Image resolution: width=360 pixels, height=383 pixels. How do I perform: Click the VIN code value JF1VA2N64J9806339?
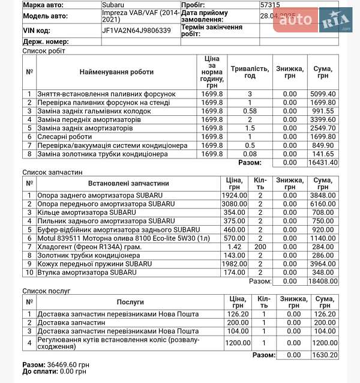(x=136, y=30)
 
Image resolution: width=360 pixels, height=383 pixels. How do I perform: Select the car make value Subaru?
(x=114, y=5)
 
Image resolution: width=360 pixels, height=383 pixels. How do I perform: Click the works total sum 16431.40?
(x=323, y=162)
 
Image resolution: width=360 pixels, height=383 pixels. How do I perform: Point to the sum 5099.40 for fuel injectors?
(x=323, y=94)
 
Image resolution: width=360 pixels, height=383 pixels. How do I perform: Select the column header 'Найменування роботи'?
(x=116, y=72)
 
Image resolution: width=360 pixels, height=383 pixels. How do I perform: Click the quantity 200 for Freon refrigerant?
(x=260, y=246)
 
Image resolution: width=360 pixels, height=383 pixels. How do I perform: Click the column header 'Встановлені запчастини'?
(x=128, y=183)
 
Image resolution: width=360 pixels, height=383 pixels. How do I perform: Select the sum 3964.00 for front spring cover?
(x=323, y=264)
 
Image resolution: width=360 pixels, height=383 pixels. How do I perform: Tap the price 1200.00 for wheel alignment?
(x=237, y=343)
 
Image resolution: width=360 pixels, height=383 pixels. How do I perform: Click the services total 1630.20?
(x=323, y=355)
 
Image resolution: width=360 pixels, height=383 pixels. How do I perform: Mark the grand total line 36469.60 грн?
(x=56, y=364)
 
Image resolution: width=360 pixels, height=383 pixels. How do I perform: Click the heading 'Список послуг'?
(x=46, y=291)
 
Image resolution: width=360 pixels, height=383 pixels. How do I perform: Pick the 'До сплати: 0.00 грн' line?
(x=54, y=372)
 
